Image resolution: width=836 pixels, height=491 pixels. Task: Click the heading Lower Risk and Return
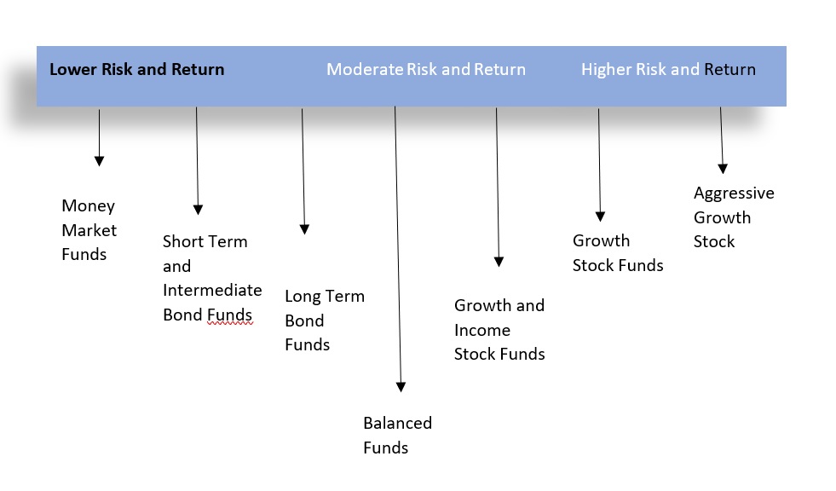(137, 69)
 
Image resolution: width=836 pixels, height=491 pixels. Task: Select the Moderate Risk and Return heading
(426, 69)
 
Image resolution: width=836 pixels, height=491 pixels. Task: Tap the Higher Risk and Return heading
(669, 69)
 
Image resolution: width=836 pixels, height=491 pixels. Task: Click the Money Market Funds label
(89, 230)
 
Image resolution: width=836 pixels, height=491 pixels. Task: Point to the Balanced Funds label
(398, 435)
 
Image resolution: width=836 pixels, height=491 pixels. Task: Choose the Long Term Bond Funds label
(325, 321)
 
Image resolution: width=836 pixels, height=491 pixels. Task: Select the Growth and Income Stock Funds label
(499, 330)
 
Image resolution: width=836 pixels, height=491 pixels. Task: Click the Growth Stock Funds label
(618, 252)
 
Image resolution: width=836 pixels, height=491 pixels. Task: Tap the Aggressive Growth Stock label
(734, 217)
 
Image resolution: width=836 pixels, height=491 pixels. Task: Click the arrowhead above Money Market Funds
(99, 161)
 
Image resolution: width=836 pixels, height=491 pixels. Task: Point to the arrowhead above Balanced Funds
(401, 387)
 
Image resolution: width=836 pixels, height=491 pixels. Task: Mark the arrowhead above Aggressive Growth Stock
(723, 169)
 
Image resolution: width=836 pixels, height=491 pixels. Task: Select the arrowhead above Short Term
(198, 210)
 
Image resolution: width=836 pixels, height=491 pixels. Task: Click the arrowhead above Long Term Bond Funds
(304, 230)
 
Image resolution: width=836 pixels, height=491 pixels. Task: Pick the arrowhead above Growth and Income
(499, 262)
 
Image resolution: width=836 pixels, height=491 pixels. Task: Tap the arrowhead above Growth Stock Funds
(600, 217)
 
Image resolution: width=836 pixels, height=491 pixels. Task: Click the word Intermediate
(212, 290)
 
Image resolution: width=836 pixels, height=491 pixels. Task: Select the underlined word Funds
(230, 315)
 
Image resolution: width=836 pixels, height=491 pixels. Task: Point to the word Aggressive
(734, 194)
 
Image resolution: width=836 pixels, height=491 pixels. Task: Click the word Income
(482, 331)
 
